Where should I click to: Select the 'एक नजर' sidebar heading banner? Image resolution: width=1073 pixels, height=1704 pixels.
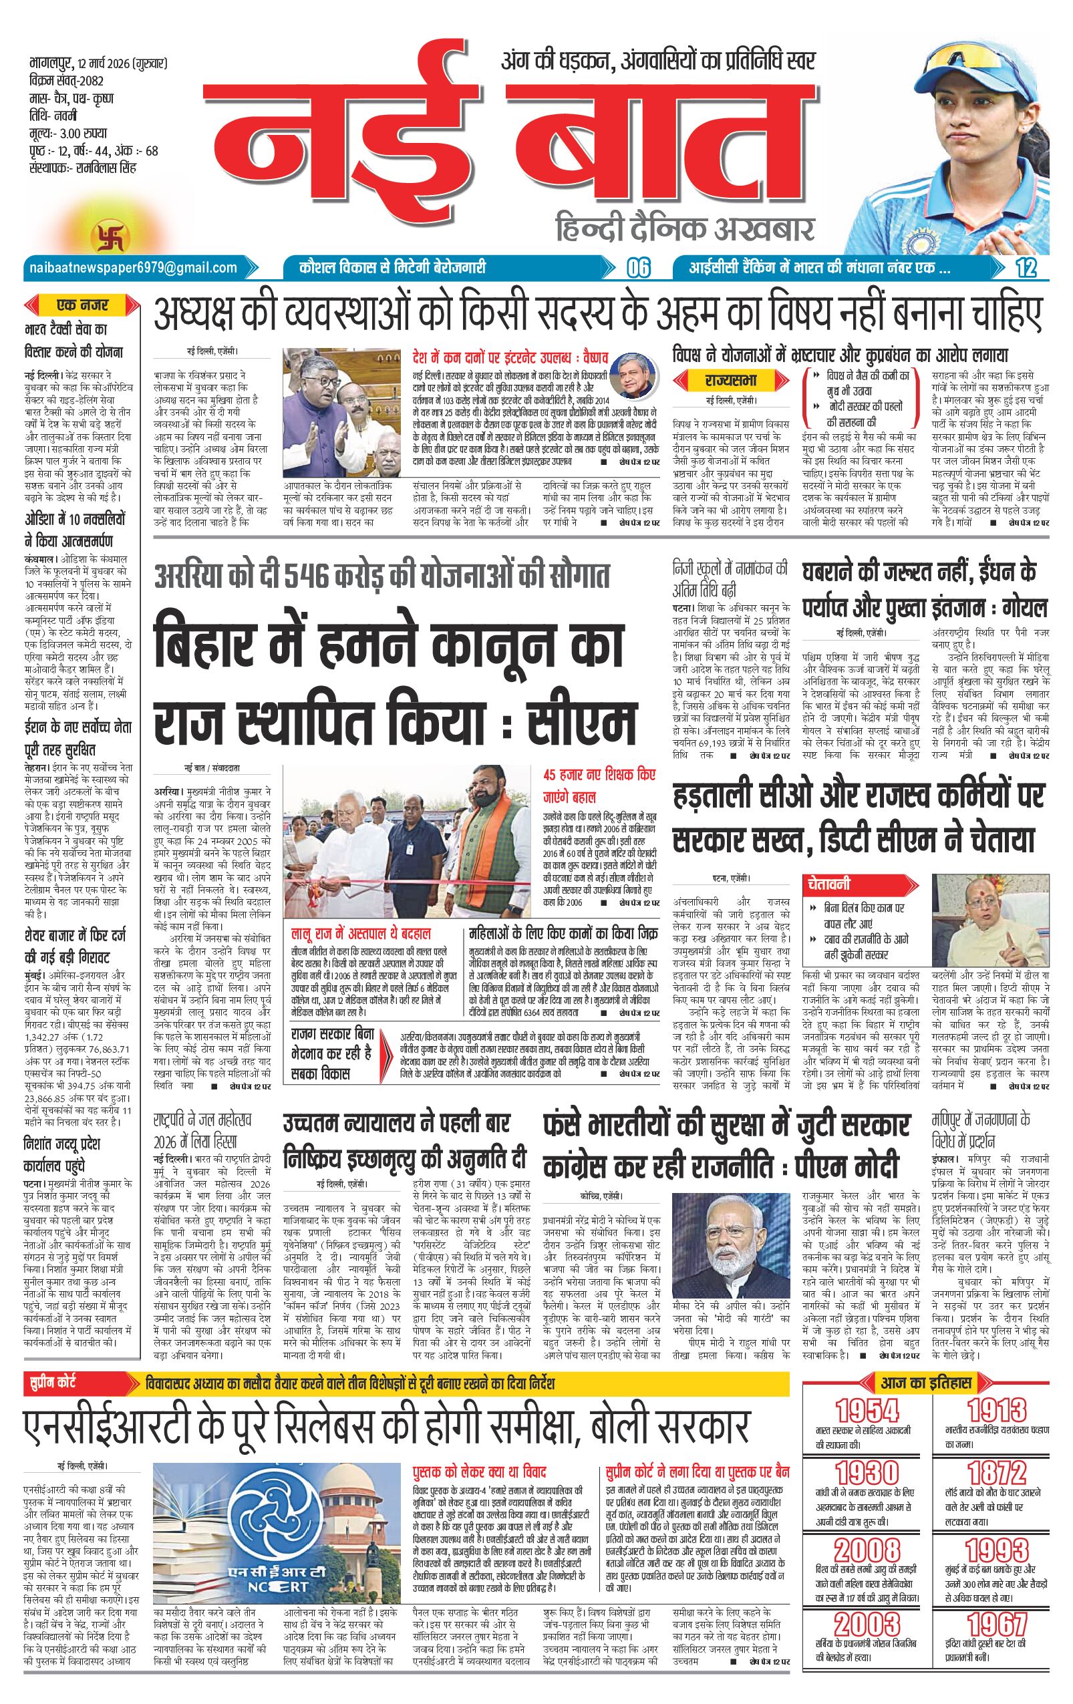tap(83, 307)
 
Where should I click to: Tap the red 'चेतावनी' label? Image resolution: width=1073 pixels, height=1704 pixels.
tap(826, 884)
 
